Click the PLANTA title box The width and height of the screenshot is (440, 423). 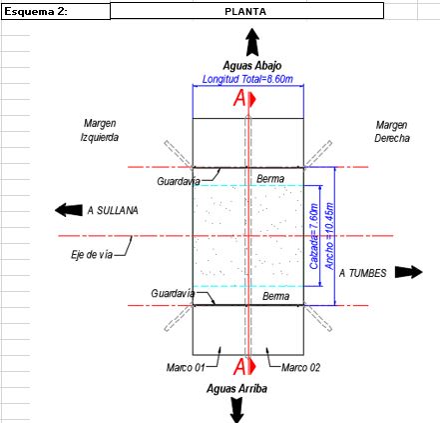(246, 11)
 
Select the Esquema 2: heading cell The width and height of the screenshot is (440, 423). (56, 12)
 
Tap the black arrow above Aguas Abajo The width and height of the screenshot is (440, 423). (252, 42)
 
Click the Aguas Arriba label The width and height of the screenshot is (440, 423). (236, 389)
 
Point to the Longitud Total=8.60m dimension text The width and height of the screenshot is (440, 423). (247, 79)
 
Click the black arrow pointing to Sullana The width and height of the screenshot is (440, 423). (69, 210)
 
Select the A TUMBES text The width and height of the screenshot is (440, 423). (363, 273)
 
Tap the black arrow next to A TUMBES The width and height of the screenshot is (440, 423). (409, 272)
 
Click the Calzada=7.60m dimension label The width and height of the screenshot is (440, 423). (313, 236)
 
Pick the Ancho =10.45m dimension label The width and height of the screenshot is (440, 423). (329, 236)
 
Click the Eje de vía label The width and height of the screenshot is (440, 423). (92, 255)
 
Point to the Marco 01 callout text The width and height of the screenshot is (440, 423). (186, 368)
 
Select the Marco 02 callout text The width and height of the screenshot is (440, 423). (300, 368)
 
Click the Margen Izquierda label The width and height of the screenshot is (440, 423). (100, 130)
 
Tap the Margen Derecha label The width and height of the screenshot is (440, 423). (392, 131)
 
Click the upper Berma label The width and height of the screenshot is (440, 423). (270, 179)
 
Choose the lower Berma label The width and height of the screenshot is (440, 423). (276, 296)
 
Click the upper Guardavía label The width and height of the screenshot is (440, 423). (179, 181)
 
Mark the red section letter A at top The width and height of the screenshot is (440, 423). (239, 99)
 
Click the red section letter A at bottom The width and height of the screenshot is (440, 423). (239, 367)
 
